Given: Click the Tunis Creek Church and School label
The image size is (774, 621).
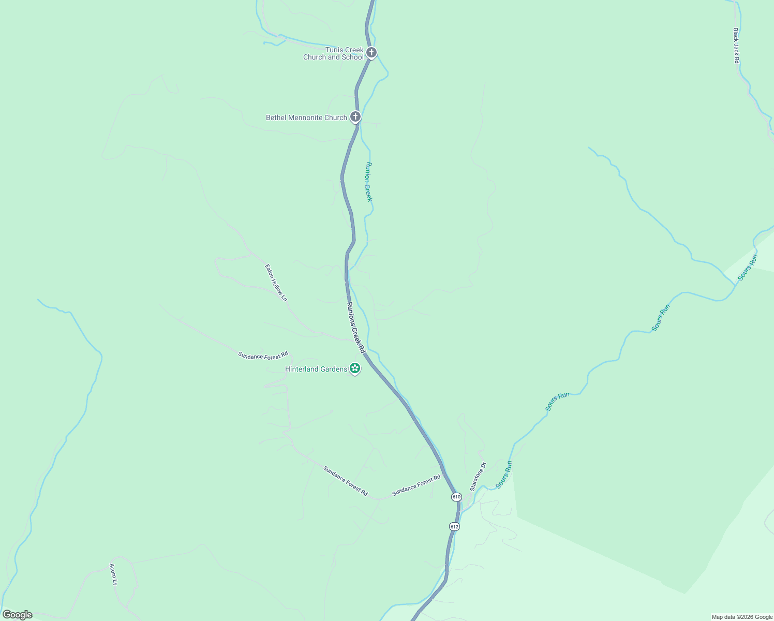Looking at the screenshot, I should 334,53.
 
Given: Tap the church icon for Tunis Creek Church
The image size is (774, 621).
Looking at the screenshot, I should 371,52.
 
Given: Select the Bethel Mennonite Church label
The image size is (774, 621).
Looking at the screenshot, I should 306,117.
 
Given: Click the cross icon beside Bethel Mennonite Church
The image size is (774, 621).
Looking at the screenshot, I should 355,117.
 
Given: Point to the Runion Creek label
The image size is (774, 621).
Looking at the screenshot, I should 369,182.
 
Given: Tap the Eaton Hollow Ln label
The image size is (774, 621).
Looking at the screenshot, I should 276,283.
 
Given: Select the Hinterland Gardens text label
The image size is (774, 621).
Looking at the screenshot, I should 316,369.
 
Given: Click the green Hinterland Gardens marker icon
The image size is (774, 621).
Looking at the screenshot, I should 355,368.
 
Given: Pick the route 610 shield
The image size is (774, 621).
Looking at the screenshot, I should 456,497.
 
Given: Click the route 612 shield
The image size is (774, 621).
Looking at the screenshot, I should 454,527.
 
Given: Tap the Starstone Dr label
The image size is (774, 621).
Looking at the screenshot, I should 478,477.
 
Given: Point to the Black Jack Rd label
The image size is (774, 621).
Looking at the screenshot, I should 736,46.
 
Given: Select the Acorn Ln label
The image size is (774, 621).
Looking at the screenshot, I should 113,574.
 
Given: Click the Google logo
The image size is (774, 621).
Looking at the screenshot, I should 17,615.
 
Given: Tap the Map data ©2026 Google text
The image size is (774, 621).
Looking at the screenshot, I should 742,617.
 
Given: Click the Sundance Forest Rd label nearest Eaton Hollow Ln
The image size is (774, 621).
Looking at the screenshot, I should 263,356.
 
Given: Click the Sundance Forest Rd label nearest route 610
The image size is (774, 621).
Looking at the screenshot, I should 416,485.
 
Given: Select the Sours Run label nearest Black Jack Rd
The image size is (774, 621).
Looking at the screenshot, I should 748,268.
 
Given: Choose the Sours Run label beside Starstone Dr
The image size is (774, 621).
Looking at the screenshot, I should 504,475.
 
